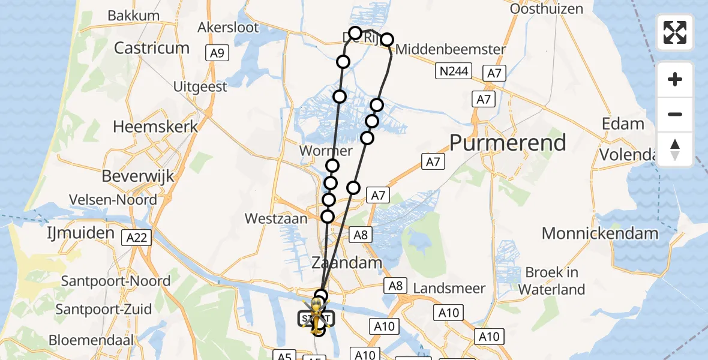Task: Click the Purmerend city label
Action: click(508, 143)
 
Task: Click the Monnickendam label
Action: click(600, 233)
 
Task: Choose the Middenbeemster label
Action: click(451, 49)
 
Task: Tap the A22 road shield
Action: click(137, 238)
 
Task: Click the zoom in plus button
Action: click(675, 79)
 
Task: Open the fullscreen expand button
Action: click(675, 32)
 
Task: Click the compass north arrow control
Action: click(675, 149)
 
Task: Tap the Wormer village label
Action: click(325, 151)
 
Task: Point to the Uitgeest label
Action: click(200, 87)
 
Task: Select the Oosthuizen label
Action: click(546, 9)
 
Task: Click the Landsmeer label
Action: click(449, 289)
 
